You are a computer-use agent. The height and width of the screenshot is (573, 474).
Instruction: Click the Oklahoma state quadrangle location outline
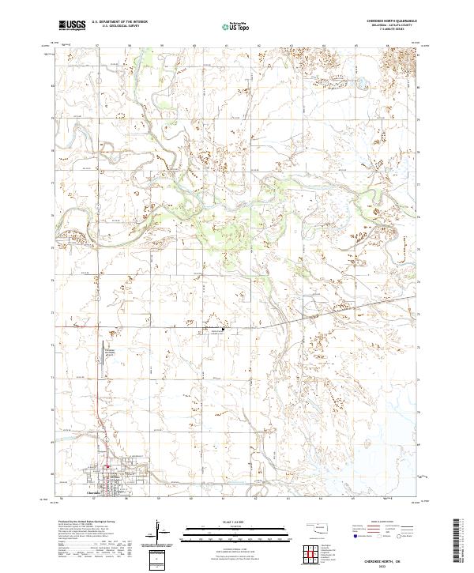coord(320,527)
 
